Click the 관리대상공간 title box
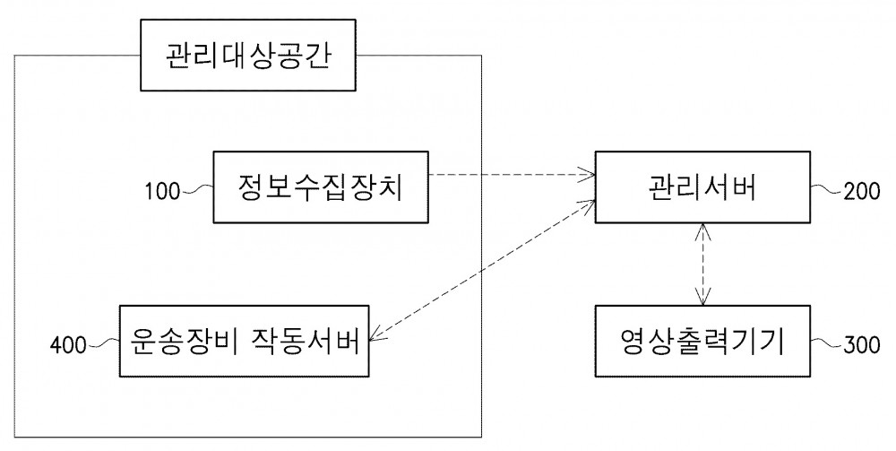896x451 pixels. [x=248, y=55]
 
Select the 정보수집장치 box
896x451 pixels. [x=321, y=186]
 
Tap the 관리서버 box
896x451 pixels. [x=702, y=186]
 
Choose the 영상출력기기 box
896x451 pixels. [x=702, y=342]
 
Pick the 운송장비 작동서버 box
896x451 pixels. [x=244, y=342]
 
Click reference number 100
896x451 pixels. [x=162, y=192]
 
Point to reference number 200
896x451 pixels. [x=862, y=192]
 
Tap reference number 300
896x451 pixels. [x=862, y=345]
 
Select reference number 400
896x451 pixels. [x=68, y=346]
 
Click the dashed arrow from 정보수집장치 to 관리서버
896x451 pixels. [x=512, y=174]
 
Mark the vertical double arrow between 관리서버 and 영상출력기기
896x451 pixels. [x=702, y=265]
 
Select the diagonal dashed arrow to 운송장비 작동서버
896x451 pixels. [x=482, y=272]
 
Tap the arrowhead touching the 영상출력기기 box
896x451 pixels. [x=702, y=299]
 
